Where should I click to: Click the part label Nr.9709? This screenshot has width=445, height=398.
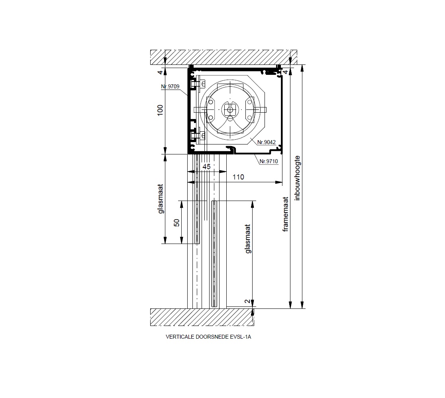click(x=170, y=86)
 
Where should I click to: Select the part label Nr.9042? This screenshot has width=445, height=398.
click(x=267, y=142)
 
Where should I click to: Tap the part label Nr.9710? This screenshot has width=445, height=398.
click(x=269, y=161)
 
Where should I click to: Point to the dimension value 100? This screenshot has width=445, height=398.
click(x=160, y=110)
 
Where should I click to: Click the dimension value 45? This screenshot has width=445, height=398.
click(x=207, y=167)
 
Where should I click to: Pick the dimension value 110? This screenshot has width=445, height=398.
click(x=238, y=177)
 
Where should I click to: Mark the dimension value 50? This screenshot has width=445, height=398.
click(x=177, y=223)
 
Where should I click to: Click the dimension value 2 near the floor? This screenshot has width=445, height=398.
click(x=248, y=301)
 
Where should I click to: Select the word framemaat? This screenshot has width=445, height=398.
click(x=286, y=214)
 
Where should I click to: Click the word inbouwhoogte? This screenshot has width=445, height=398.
click(x=297, y=178)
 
